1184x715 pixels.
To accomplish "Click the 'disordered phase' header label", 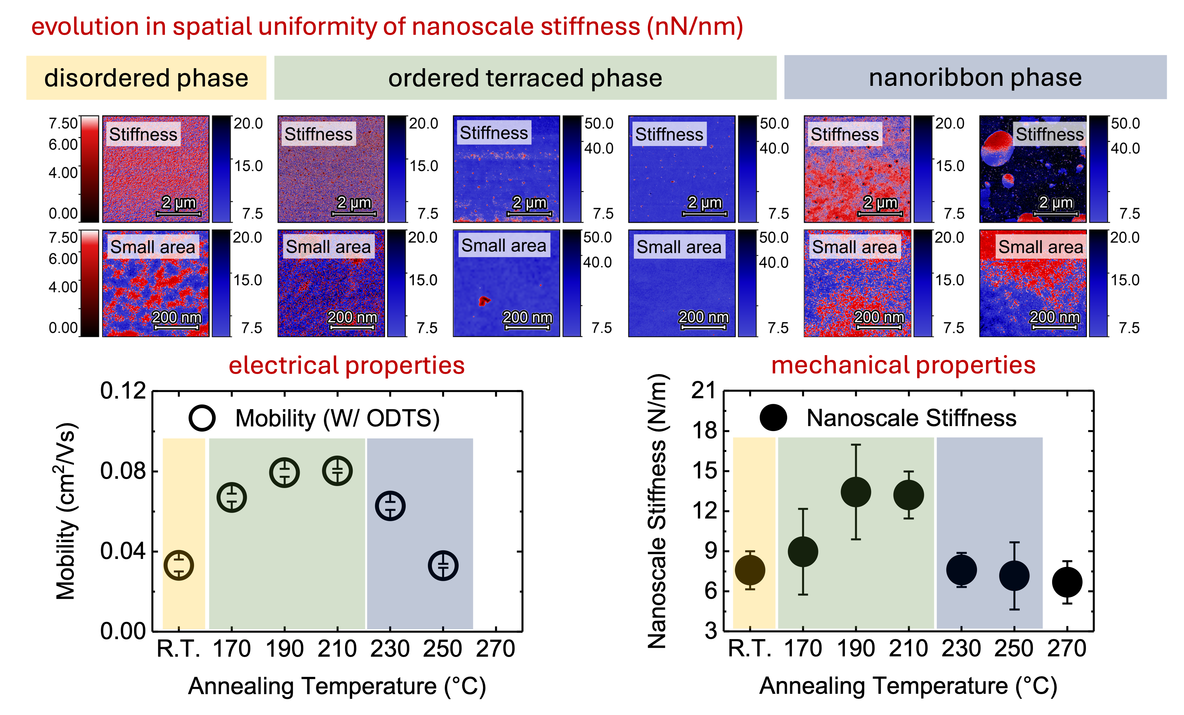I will (146, 78).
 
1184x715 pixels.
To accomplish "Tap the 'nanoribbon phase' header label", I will (975, 78).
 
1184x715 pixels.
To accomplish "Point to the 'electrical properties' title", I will (346, 365).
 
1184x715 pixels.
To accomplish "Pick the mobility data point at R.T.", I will (179, 565).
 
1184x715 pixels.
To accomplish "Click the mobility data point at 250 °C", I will (442, 566).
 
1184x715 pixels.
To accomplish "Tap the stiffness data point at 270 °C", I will (1067, 582).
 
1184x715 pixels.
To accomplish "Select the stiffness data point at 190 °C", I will (856, 492).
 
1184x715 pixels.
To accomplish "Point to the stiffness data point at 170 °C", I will (803, 552).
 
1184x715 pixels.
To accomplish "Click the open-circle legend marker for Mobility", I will (202, 418).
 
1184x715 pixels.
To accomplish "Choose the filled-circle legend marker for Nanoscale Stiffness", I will (773, 417).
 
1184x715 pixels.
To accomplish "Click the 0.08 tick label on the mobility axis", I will (123, 471).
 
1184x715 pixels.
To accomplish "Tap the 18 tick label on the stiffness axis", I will (704, 431).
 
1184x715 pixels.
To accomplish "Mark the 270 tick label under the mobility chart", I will (495, 649).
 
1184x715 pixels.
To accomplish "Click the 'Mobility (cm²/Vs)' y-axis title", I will (66, 511).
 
